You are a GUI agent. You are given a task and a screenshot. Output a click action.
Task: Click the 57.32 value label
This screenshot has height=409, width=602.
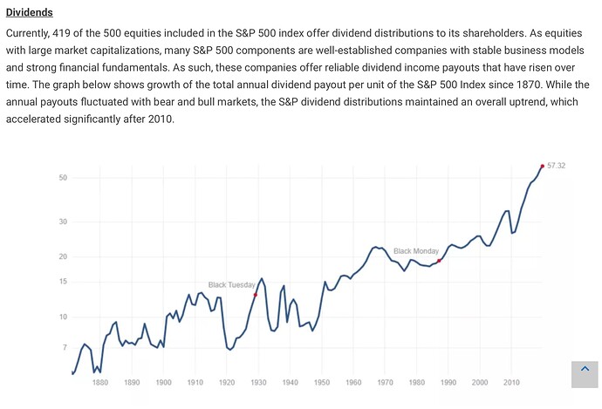pos(557,165)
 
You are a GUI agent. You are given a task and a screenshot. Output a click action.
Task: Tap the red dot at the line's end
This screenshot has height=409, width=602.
pos(543,166)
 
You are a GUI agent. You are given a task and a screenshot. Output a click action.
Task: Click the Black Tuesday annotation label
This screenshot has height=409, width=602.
pos(231,285)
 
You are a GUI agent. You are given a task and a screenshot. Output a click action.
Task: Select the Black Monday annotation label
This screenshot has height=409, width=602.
pos(416,251)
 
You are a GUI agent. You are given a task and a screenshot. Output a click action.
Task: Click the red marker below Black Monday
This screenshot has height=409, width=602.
pos(439,261)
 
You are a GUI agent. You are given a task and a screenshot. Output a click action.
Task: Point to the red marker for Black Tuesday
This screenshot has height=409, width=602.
pos(255,295)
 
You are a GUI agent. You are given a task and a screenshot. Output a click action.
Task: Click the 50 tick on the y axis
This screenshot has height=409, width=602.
pos(64,178)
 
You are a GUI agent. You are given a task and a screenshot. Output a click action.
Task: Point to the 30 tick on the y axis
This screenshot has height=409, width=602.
pos(64,222)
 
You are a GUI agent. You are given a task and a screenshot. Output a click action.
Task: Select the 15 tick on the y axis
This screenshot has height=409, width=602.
pos(64,282)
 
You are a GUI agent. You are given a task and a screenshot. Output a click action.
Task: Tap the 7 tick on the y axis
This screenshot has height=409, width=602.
pos(65,348)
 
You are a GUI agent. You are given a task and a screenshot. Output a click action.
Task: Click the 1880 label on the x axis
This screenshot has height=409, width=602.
pos(100,382)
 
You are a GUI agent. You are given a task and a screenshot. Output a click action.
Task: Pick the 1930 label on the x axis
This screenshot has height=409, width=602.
pos(258,382)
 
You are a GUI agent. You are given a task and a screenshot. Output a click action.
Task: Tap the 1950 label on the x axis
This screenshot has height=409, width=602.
pos(322,382)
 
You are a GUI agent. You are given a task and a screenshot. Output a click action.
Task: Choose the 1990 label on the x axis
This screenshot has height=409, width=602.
pos(448,382)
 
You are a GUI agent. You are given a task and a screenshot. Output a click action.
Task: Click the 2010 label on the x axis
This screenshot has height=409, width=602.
pos(511,382)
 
